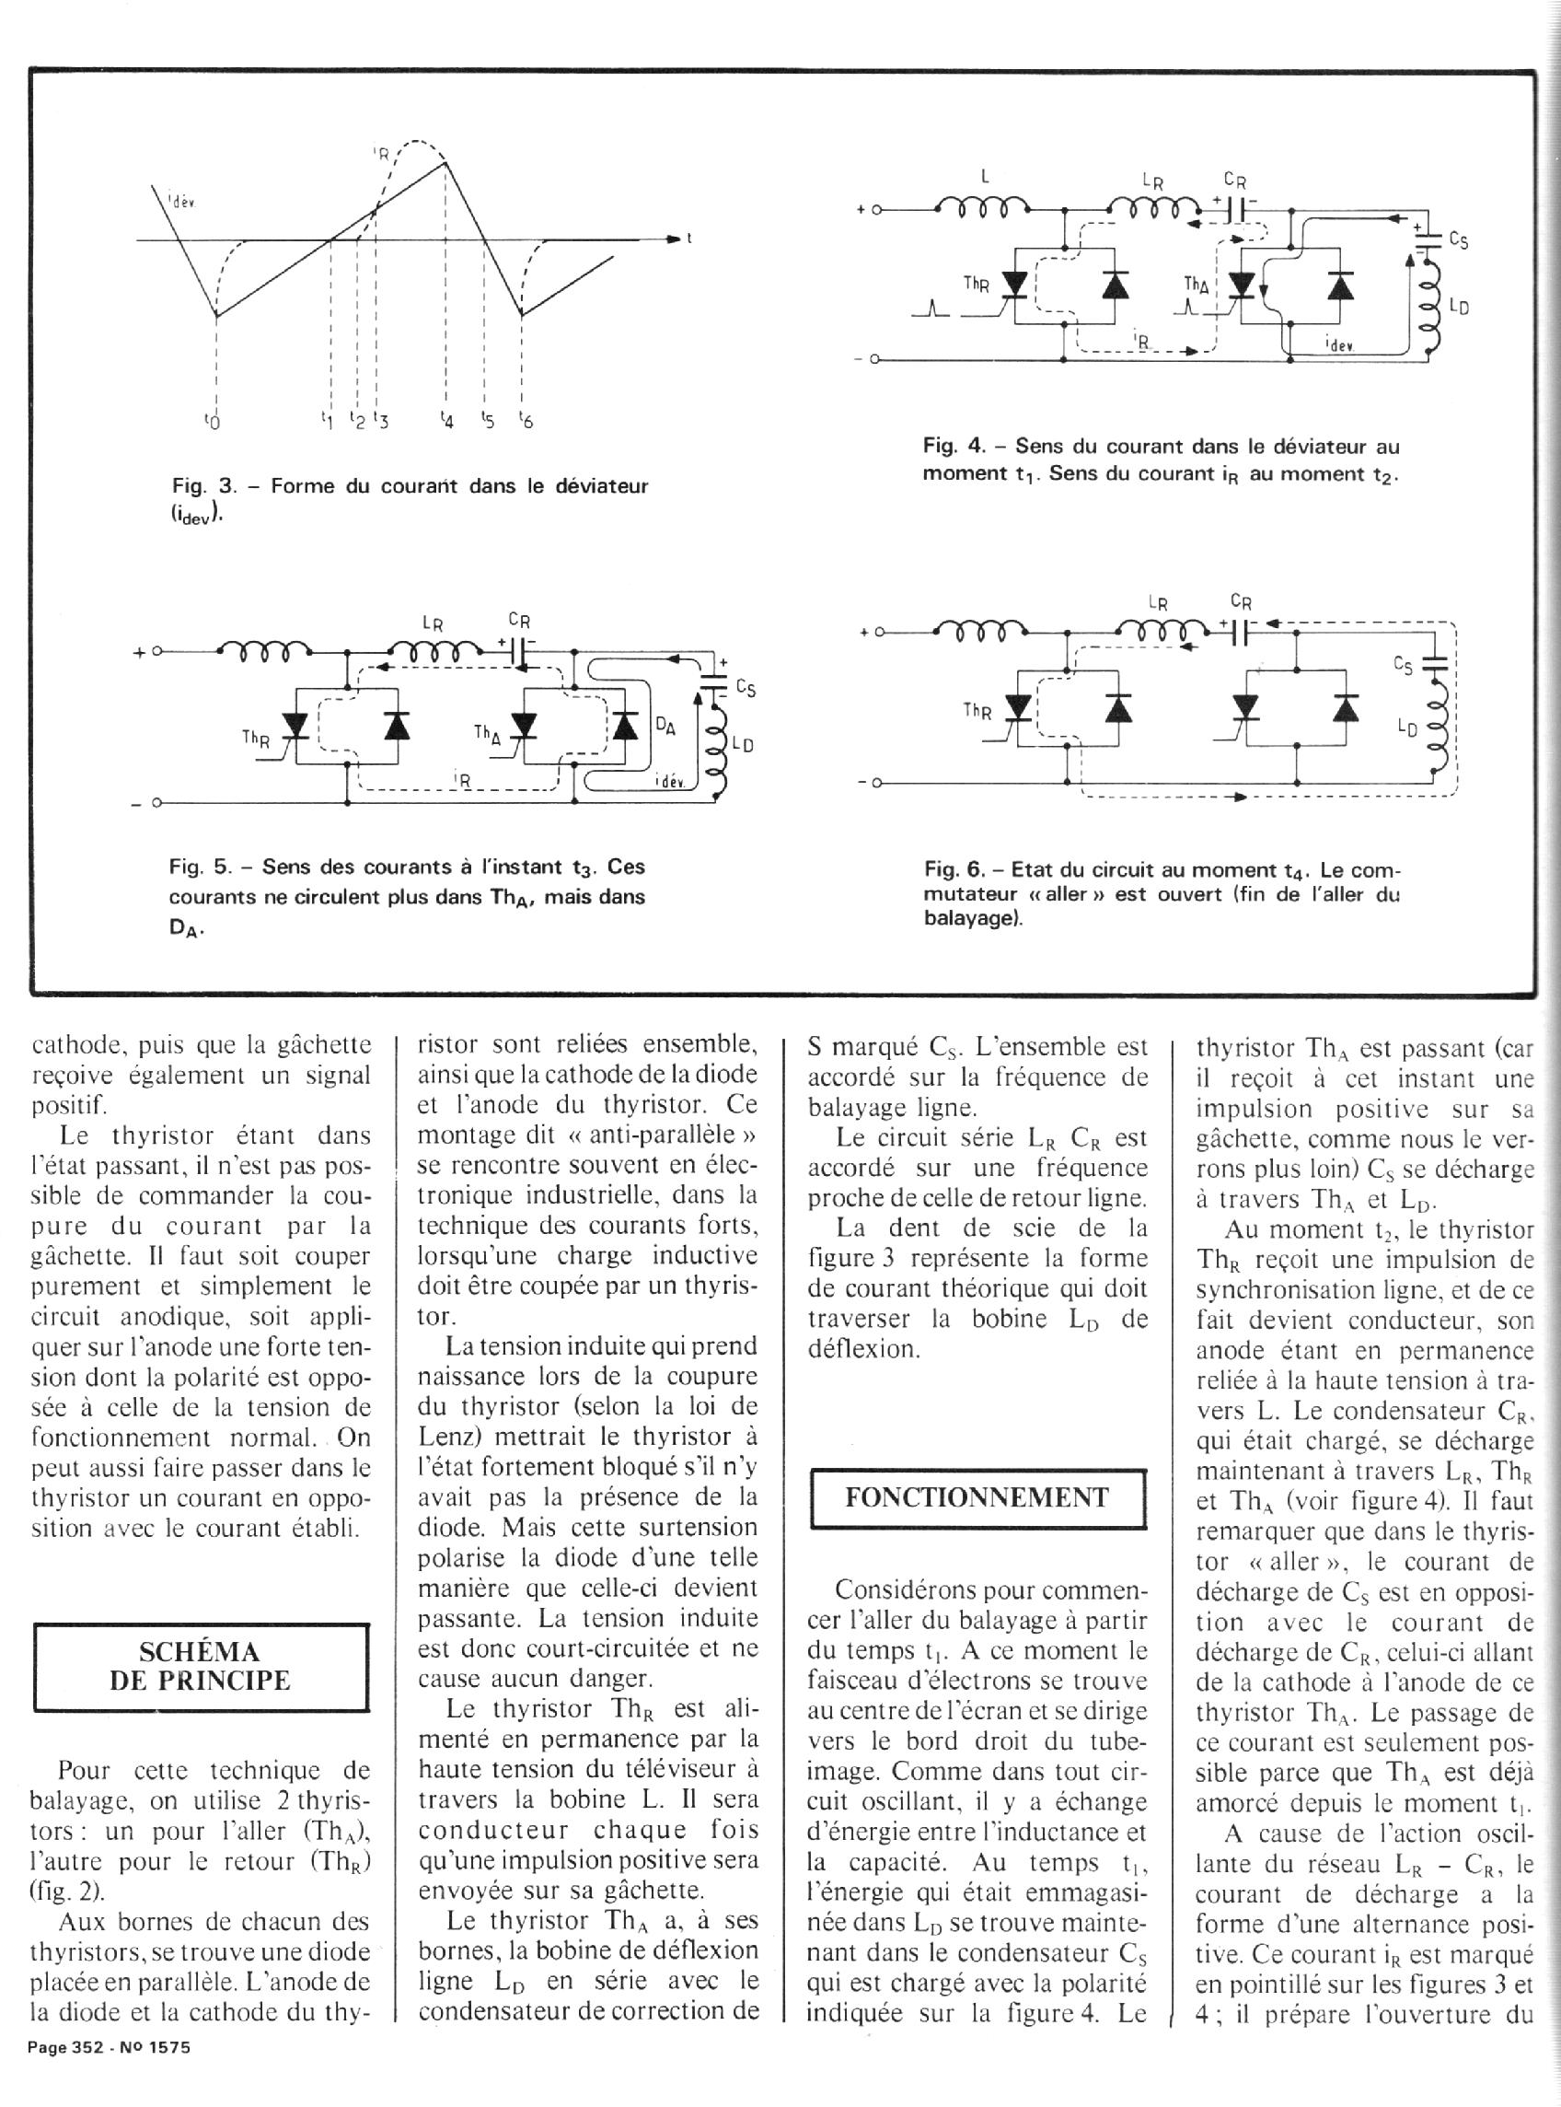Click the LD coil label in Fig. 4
tap(1458, 308)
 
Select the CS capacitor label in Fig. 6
tap(1405, 667)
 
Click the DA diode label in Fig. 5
tap(665, 726)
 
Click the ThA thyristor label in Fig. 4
tap(1197, 283)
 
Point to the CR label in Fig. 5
tap(519, 621)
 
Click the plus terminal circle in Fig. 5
tap(156, 651)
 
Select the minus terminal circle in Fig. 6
tap(876, 783)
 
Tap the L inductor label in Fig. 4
tap(986, 175)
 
